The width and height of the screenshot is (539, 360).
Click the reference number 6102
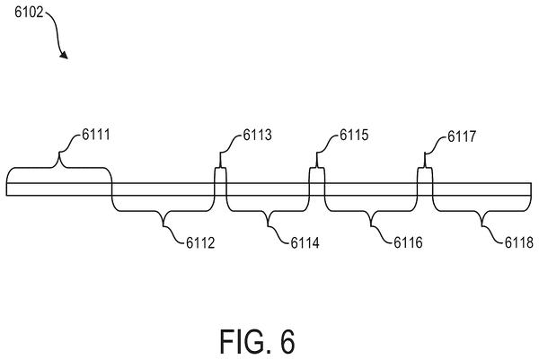tap(29, 13)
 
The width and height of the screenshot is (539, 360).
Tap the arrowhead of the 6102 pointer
tap(64, 55)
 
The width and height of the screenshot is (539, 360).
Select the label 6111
tap(96, 135)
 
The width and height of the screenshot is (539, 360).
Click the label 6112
tap(200, 243)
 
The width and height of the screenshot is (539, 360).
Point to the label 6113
tap(257, 135)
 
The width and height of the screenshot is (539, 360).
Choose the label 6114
tap(305, 243)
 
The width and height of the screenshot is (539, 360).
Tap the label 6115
tap(354, 135)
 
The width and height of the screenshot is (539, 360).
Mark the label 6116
tap(408, 243)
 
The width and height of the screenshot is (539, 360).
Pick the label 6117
tap(462, 136)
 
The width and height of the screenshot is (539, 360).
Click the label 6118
tap(518, 243)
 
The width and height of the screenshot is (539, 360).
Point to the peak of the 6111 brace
tap(59, 153)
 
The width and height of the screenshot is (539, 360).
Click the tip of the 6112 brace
tap(163, 226)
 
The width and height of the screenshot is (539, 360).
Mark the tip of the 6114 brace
tap(268, 226)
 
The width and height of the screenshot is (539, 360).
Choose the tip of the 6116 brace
tap(371, 226)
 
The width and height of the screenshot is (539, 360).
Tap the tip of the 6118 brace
tap(482, 226)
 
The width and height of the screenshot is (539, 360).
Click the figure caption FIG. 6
tap(257, 341)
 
